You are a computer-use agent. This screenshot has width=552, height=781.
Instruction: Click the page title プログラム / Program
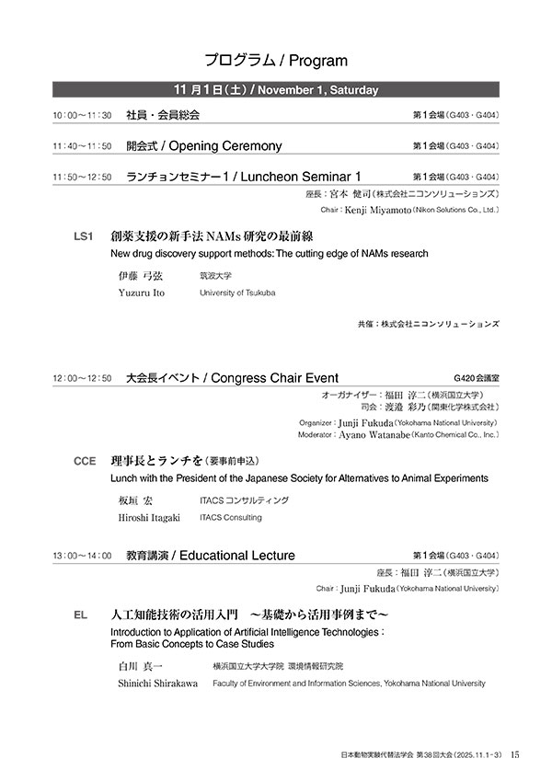(276, 61)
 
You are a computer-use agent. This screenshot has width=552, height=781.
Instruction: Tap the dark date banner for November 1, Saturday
(276, 89)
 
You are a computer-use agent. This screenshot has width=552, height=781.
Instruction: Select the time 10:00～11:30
(82, 116)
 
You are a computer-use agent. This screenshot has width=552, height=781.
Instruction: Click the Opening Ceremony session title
(203, 145)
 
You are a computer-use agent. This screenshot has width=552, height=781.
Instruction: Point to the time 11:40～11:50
(82, 146)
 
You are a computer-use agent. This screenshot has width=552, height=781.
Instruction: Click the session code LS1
(84, 236)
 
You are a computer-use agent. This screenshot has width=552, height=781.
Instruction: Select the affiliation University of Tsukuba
(237, 293)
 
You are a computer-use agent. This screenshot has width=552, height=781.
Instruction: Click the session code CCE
(85, 462)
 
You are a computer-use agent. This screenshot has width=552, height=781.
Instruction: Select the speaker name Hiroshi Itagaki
(149, 518)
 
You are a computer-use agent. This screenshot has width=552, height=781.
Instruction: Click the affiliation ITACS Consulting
(230, 518)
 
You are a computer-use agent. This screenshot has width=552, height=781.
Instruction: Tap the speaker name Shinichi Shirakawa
(157, 683)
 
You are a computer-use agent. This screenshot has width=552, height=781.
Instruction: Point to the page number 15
(515, 754)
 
